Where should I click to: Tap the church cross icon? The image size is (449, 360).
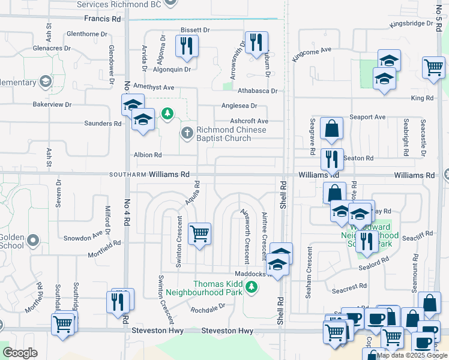click(187, 133)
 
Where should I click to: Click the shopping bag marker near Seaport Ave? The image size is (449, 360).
click(331, 128)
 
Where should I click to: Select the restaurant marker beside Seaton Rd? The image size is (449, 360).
click(332, 159)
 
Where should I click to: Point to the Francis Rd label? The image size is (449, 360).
click(103, 19)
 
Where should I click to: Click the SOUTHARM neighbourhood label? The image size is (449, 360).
click(128, 175)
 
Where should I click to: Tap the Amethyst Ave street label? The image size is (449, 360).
click(153, 88)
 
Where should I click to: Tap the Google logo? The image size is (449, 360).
click(20, 352)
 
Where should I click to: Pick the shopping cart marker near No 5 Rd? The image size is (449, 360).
click(433, 67)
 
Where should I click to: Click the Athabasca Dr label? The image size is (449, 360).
click(257, 91)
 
